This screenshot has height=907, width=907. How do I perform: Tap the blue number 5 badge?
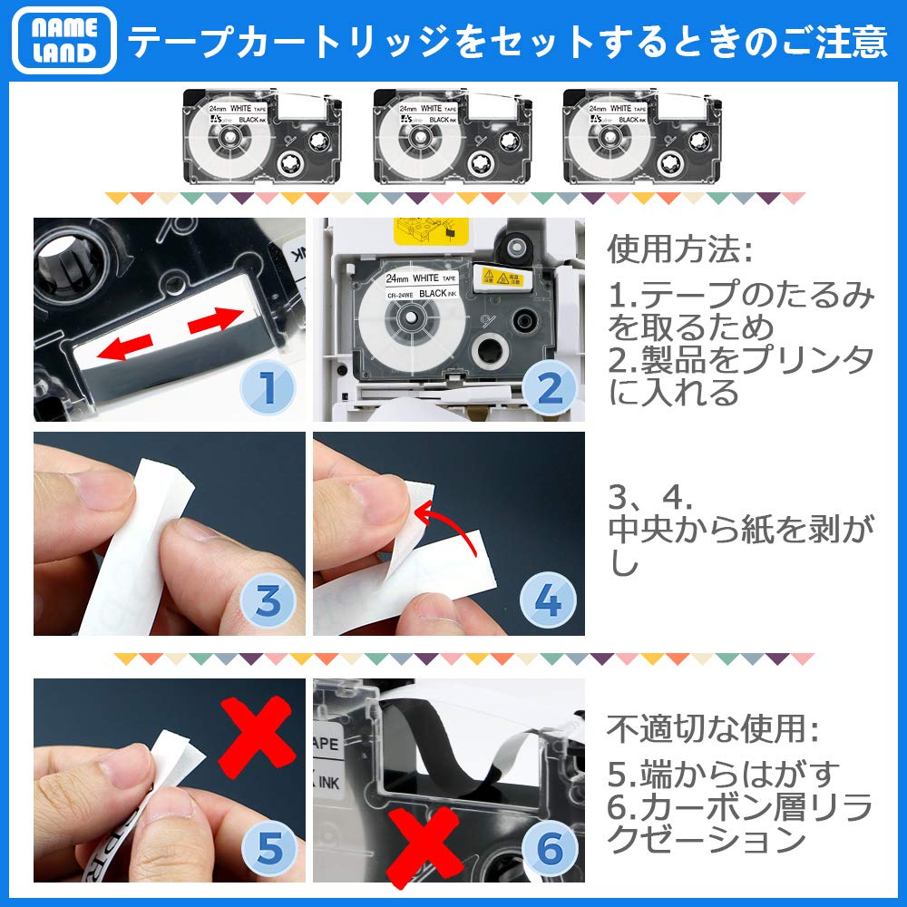[266, 849]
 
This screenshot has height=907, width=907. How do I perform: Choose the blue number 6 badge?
[548, 849]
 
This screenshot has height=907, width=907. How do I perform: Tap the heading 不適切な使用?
[711, 729]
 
